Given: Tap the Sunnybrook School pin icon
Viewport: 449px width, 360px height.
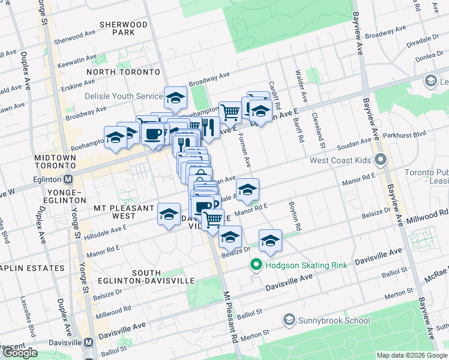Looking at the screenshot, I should [289, 320].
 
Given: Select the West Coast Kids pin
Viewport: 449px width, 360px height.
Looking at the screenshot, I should [380, 160].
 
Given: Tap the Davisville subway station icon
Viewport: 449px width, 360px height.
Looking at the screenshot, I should [89, 342].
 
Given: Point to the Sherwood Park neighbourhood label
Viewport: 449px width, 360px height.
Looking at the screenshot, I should [124, 28].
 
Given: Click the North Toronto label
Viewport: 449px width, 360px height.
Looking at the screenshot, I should [123, 72].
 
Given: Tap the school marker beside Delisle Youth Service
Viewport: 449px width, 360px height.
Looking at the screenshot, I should [176, 97].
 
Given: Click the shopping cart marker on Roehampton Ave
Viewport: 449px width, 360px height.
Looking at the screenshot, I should [230, 111].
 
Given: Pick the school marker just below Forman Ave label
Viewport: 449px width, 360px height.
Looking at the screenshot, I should [247, 190].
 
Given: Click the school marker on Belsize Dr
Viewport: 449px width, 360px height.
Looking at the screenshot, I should [230, 236].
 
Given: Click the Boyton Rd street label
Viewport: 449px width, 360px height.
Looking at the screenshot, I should [295, 220].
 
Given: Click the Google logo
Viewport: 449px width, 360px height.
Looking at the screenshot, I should [20, 353].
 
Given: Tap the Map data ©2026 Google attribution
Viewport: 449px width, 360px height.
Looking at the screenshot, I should [412, 355].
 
